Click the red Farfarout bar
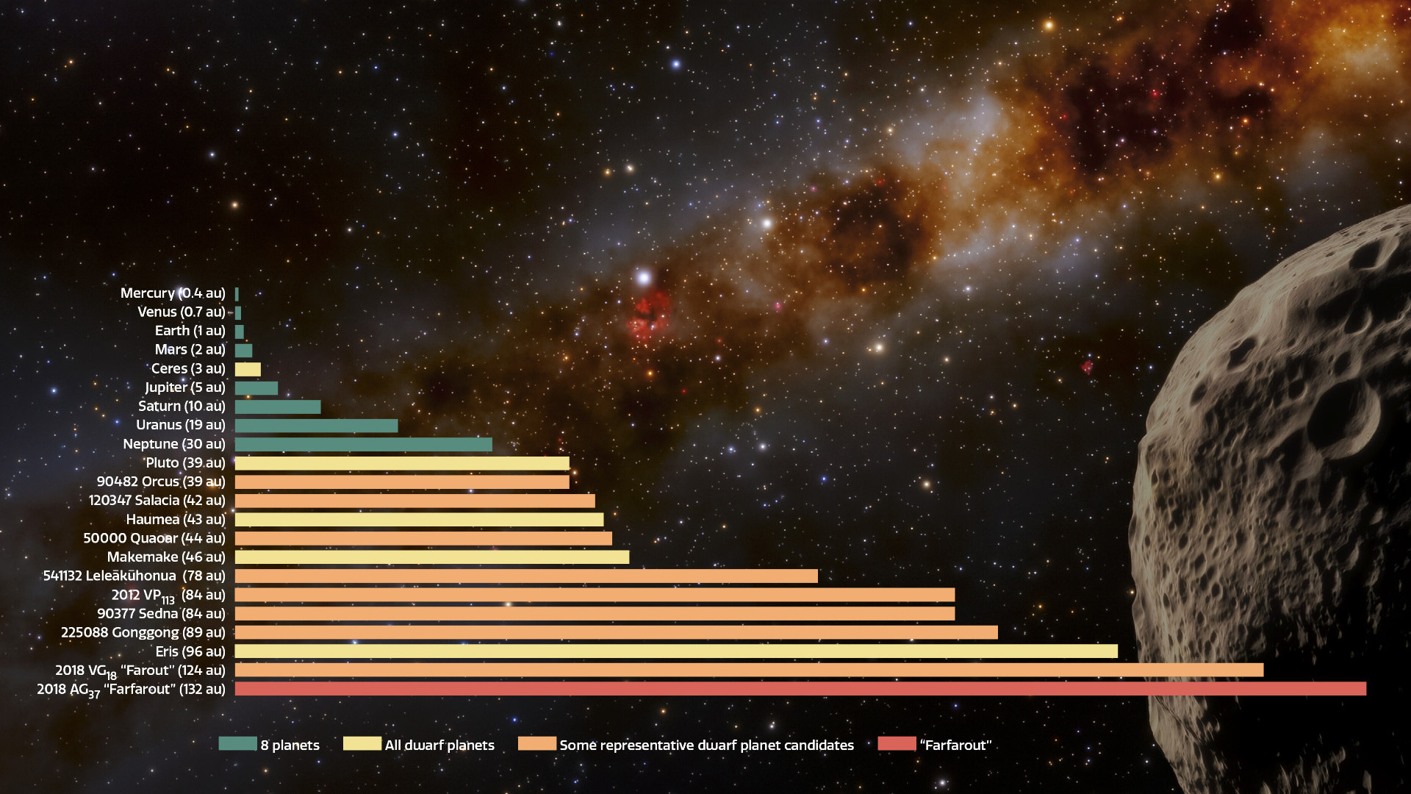800,689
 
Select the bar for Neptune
363,444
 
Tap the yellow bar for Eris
676,651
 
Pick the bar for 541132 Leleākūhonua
526,576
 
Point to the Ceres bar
248,369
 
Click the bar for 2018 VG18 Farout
749,670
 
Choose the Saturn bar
278,407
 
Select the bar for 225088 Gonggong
616,632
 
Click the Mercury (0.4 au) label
173,293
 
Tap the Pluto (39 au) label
185,462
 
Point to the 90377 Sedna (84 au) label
161,613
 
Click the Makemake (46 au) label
166,557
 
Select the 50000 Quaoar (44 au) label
154,538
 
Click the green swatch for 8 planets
237,743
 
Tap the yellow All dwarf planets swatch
362,743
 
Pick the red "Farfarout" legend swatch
897,743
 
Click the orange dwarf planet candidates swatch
536,743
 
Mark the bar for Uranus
316,426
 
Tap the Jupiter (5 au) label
185,387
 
